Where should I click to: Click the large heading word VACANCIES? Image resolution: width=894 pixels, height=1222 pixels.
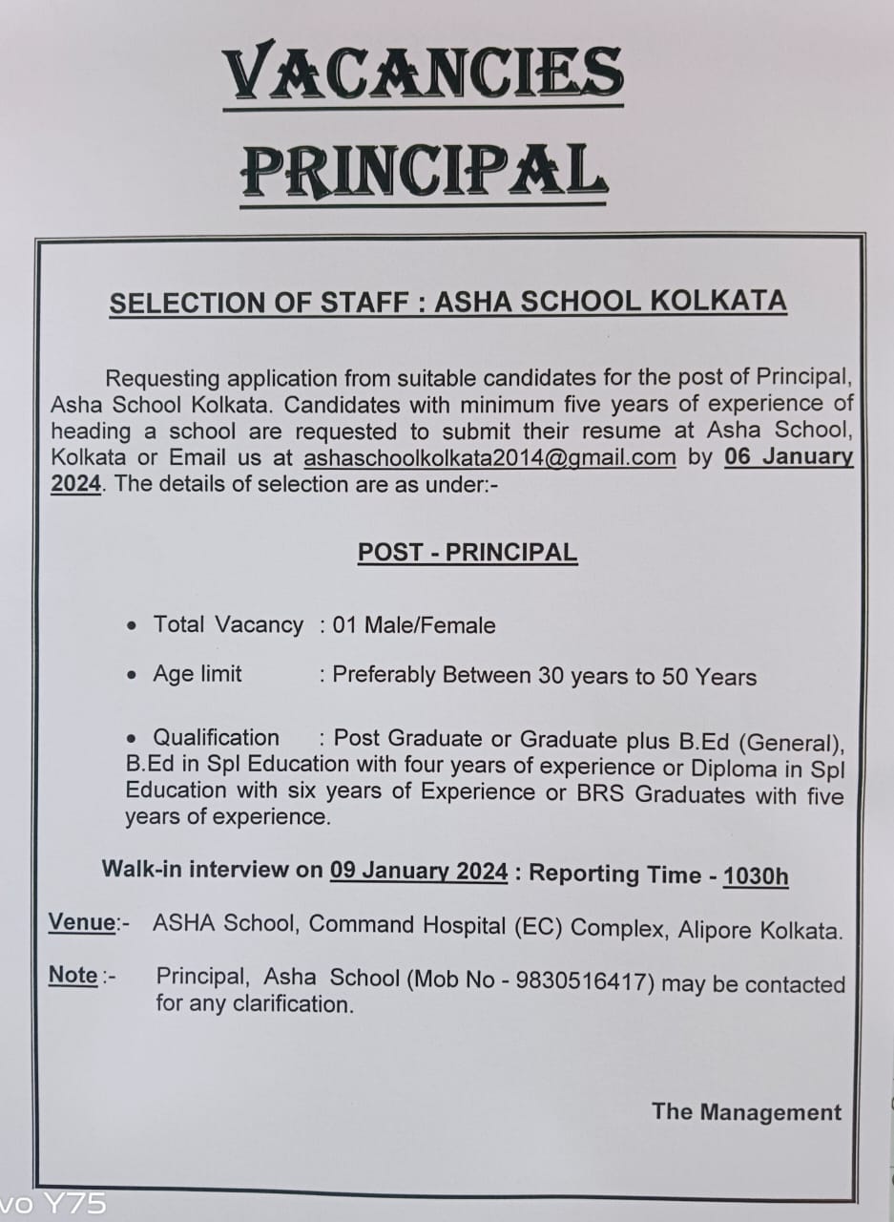423,74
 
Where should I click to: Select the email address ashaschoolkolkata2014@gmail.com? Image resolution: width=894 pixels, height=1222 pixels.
489,457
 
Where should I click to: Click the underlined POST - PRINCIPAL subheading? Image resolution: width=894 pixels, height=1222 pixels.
468,553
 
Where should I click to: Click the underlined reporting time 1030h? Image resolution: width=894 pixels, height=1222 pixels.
756,875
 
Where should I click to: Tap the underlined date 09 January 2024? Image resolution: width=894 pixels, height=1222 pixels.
419,871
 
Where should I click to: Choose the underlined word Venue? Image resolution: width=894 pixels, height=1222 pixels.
82,923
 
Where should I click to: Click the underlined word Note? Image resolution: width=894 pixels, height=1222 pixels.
73,976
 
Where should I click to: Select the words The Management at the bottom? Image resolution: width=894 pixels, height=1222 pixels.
746,1112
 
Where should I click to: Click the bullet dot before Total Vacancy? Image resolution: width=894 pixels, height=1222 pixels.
132,627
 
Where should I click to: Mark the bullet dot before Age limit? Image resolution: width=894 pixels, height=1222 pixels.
132,676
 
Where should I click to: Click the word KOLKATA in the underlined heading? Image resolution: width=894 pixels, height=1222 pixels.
717,302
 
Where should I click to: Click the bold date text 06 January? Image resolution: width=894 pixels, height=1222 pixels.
788,456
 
